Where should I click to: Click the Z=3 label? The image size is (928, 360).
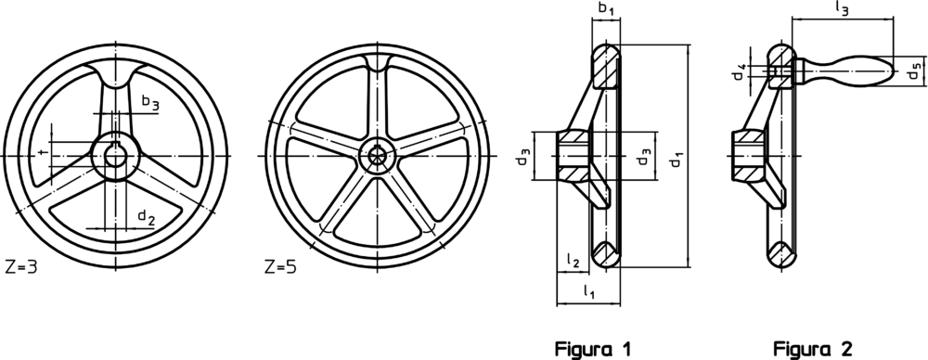coord(20,266)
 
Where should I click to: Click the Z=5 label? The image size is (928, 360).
coord(280,266)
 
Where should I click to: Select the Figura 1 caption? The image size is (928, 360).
coord(593,349)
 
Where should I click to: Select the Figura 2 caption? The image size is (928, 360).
coord(813,349)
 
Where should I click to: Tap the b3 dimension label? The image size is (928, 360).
coord(150,102)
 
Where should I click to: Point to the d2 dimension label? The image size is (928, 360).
coord(147,217)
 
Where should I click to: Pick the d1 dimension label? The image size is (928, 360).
coord(677,160)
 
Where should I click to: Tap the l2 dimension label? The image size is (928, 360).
coord(573,260)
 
